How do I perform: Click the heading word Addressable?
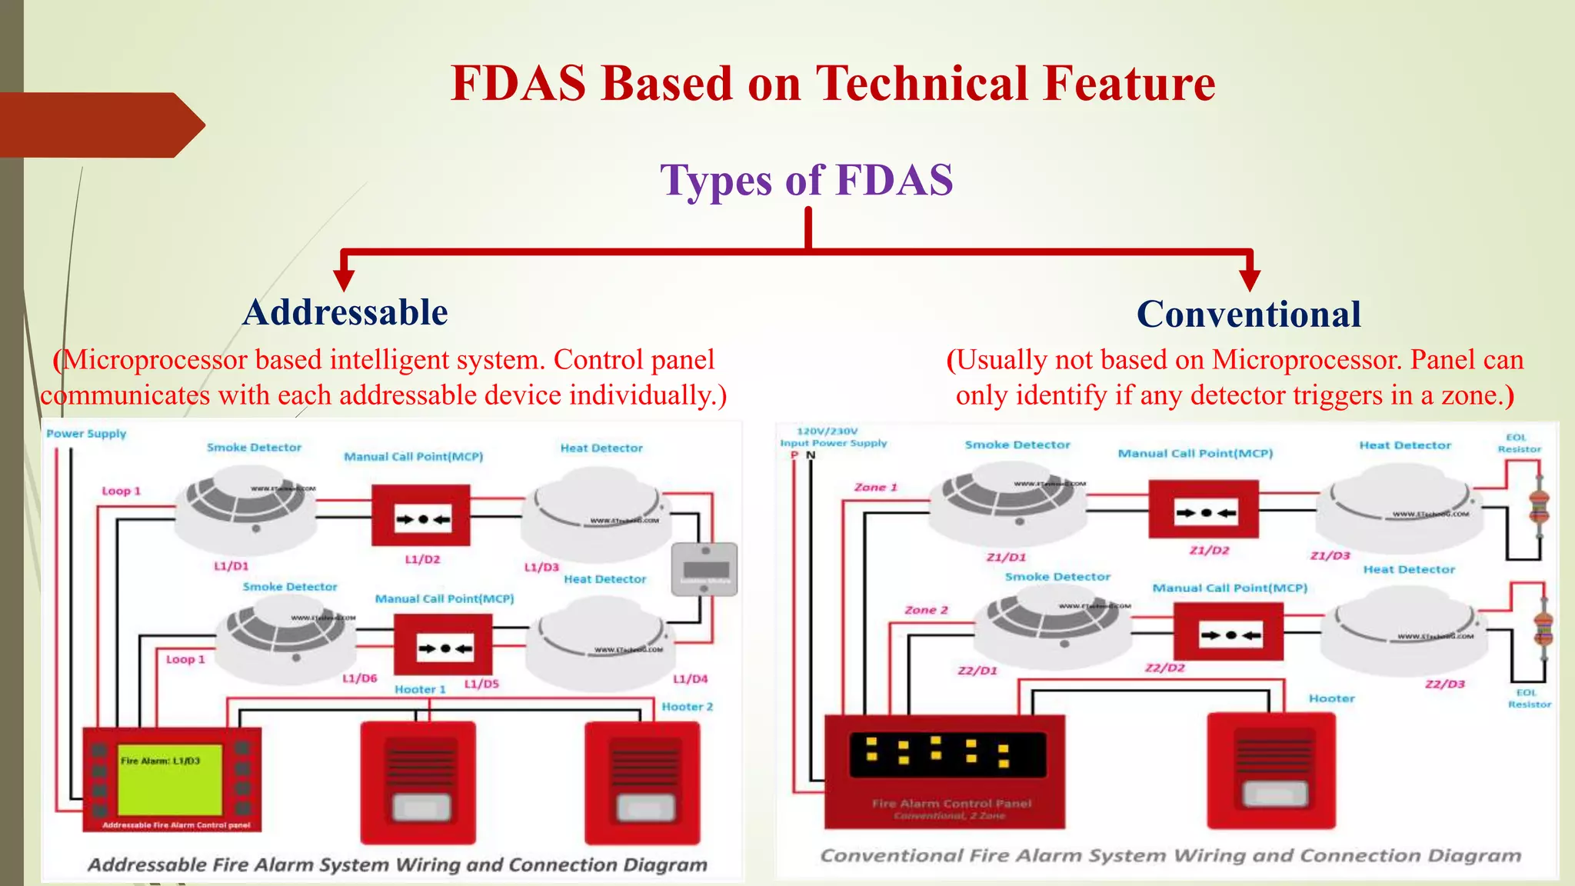(345, 313)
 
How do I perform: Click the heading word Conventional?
(1248, 315)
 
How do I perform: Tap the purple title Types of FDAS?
(806, 180)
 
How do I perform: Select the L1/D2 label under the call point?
(422, 559)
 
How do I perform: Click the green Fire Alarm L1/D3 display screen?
(170, 778)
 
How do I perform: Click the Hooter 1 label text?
(420, 689)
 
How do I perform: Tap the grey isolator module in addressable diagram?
(704, 569)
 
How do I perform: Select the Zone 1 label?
(875, 487)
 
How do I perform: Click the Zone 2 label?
(926, 610)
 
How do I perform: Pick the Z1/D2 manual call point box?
(1204, 509)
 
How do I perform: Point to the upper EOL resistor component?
(1539, 505)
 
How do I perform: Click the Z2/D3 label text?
(1444, 684)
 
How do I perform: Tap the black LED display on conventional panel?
(947, 753)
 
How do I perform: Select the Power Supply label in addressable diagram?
(86, 434)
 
